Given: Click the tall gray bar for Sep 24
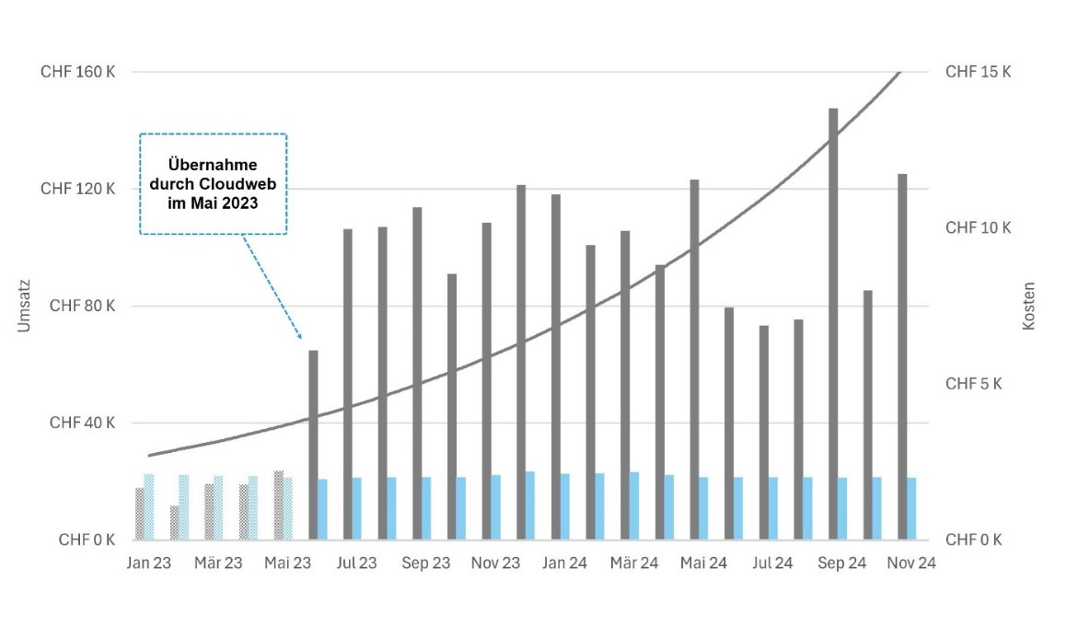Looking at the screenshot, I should [x=833, y=322].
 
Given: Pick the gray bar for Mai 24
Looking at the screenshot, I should [x=694, y=359].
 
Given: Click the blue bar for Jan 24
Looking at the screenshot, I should [x=565, y=506].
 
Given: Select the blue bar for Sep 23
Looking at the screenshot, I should [x=426, y=508].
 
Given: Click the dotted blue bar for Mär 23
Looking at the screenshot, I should [x=218, y=507].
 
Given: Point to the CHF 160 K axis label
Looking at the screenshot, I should [x=77, y=72].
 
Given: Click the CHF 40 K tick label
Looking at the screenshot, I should [x=83, y=424].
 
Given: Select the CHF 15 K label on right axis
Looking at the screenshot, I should [x=978, y=72].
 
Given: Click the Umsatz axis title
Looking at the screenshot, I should [x=26, y=307].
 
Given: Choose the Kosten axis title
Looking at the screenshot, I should [x=1028, y=307].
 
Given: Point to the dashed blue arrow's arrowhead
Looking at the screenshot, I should [x=300, y=336].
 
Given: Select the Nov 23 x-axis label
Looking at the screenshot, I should [x=495, y=563].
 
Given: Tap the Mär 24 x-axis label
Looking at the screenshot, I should [x=634, y=563].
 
